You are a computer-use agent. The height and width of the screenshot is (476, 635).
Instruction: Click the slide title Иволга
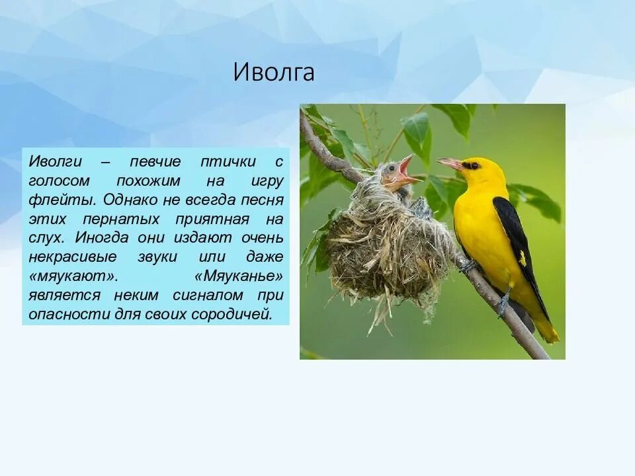tap(273, 72)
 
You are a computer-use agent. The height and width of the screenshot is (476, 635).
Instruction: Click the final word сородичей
tap(232, 313)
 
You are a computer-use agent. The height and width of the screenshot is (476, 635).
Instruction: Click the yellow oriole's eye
tap(472, 165)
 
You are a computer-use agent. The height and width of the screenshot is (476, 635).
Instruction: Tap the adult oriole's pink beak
tap(450, 163)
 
